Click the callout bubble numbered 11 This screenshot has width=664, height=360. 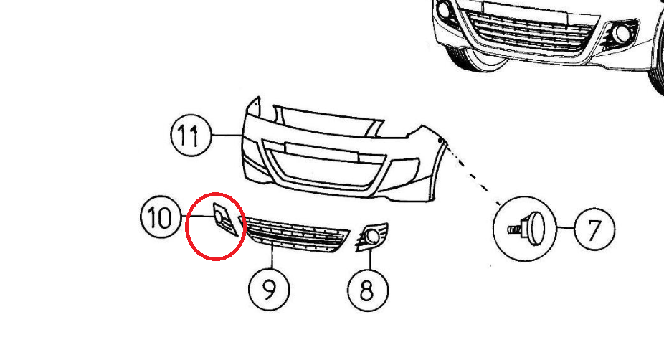point(191,135)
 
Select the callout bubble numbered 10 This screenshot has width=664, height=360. point(161,217)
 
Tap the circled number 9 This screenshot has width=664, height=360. point(270,290)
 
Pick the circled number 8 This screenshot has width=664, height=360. point(368,290)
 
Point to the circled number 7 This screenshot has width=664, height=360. point(594,229)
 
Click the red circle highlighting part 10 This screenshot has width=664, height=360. point(186,226)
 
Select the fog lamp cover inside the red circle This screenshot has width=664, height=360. point(224,219)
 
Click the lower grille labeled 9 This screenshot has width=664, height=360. point(296,235)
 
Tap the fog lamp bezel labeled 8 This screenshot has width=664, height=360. point(371,237)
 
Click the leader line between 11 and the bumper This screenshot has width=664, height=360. point(227,135)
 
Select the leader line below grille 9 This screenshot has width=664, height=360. point(272,260)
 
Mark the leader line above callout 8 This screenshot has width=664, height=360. point(370,260)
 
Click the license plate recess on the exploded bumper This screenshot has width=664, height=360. point(322,151)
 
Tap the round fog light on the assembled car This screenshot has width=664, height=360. point(622,34)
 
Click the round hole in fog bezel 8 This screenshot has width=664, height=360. point(373,237)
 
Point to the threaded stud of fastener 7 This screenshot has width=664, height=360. point(513,230)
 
